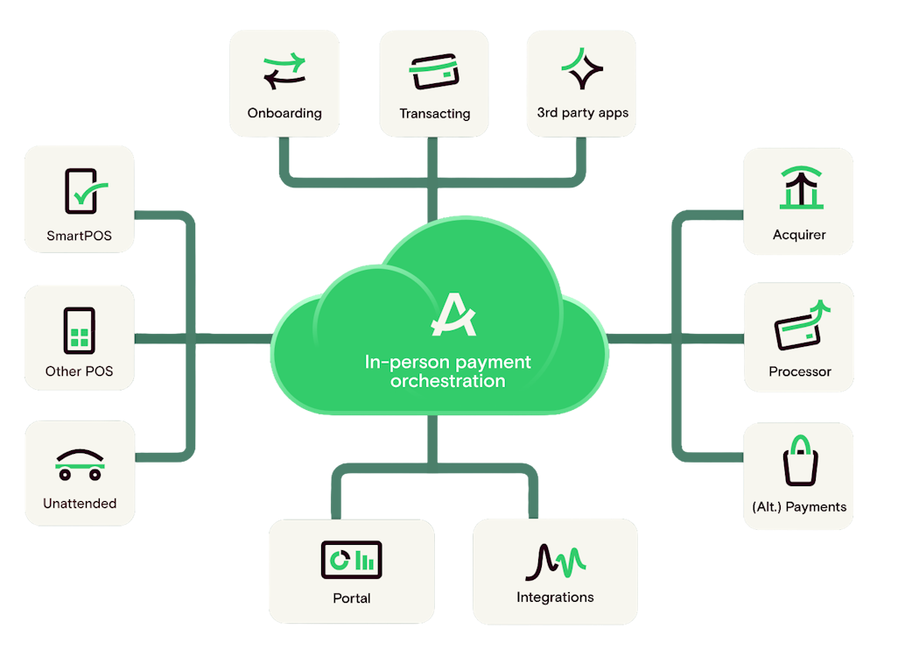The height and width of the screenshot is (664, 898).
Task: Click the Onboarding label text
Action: (284, 113)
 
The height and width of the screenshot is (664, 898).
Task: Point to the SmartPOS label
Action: (80, 236)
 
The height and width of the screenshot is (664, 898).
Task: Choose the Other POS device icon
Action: (80, 330)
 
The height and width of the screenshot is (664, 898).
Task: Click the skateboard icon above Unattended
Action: (80, 465)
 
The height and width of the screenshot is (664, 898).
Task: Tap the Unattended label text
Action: (80, 504)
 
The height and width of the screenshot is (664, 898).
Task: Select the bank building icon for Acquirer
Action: (800, 188)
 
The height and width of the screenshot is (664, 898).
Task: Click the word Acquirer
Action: (800, 235)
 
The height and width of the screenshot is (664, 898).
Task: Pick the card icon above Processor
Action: (800, 325)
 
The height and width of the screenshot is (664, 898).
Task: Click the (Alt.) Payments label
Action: (800, 506)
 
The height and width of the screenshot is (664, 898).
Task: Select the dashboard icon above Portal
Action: (352, 559)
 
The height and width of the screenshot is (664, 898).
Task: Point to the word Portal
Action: (352, 598)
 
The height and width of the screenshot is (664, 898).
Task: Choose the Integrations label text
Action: (555, 597)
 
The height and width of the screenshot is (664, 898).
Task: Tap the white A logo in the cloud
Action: (453, 316)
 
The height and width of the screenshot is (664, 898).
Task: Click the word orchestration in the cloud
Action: (448, 381)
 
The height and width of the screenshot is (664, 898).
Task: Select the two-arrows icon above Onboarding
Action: (284, 72)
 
